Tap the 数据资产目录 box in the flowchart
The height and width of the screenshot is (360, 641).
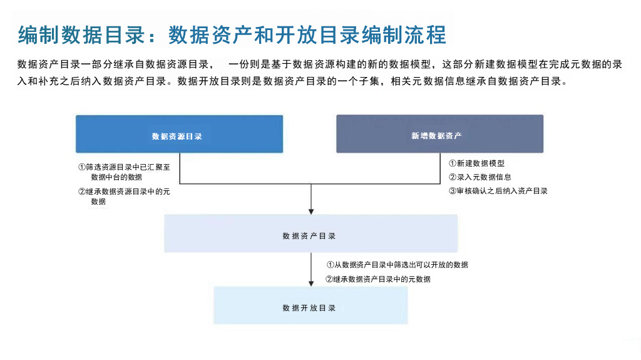(310, 234)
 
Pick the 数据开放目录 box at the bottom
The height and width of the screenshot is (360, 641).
(310, 305)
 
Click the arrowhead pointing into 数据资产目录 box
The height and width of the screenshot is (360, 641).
(311, 210)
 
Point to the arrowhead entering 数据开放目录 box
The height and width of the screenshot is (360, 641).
(311, 283)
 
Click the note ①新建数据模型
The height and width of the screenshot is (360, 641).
(476, 163)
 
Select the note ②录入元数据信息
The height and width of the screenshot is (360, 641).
(480, 177)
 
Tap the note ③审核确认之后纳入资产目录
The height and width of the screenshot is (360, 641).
(498, 191)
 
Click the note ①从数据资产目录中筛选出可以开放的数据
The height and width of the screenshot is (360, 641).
(397, 265)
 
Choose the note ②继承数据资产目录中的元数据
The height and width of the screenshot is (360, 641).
(378, 279)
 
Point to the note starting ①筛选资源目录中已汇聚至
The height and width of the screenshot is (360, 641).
(124, 172)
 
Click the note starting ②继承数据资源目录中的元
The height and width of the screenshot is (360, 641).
(124, 197)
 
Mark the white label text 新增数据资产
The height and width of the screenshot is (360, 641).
(436, 136)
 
